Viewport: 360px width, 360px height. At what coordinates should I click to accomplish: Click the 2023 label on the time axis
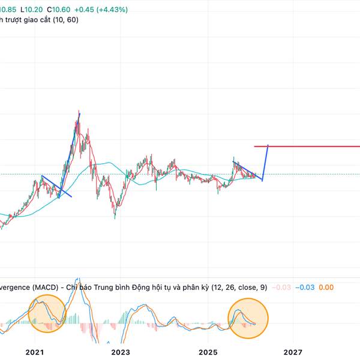click(121, 352)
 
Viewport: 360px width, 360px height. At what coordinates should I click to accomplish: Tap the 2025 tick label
click(207, 352)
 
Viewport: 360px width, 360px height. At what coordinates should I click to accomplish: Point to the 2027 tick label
click(292, 352)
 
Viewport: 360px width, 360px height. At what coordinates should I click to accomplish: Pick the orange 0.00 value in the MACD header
click(326, 288)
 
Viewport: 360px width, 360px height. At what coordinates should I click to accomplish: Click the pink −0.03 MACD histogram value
click(281, 288)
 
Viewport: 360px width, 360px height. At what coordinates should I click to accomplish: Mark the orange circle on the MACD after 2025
click(248, 315)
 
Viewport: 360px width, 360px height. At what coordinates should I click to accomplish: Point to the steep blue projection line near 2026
click(265, 162)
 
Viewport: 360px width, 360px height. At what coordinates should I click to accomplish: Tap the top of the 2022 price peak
click(79, 113)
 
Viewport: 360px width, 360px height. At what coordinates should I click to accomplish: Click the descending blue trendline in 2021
click(56, 186)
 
